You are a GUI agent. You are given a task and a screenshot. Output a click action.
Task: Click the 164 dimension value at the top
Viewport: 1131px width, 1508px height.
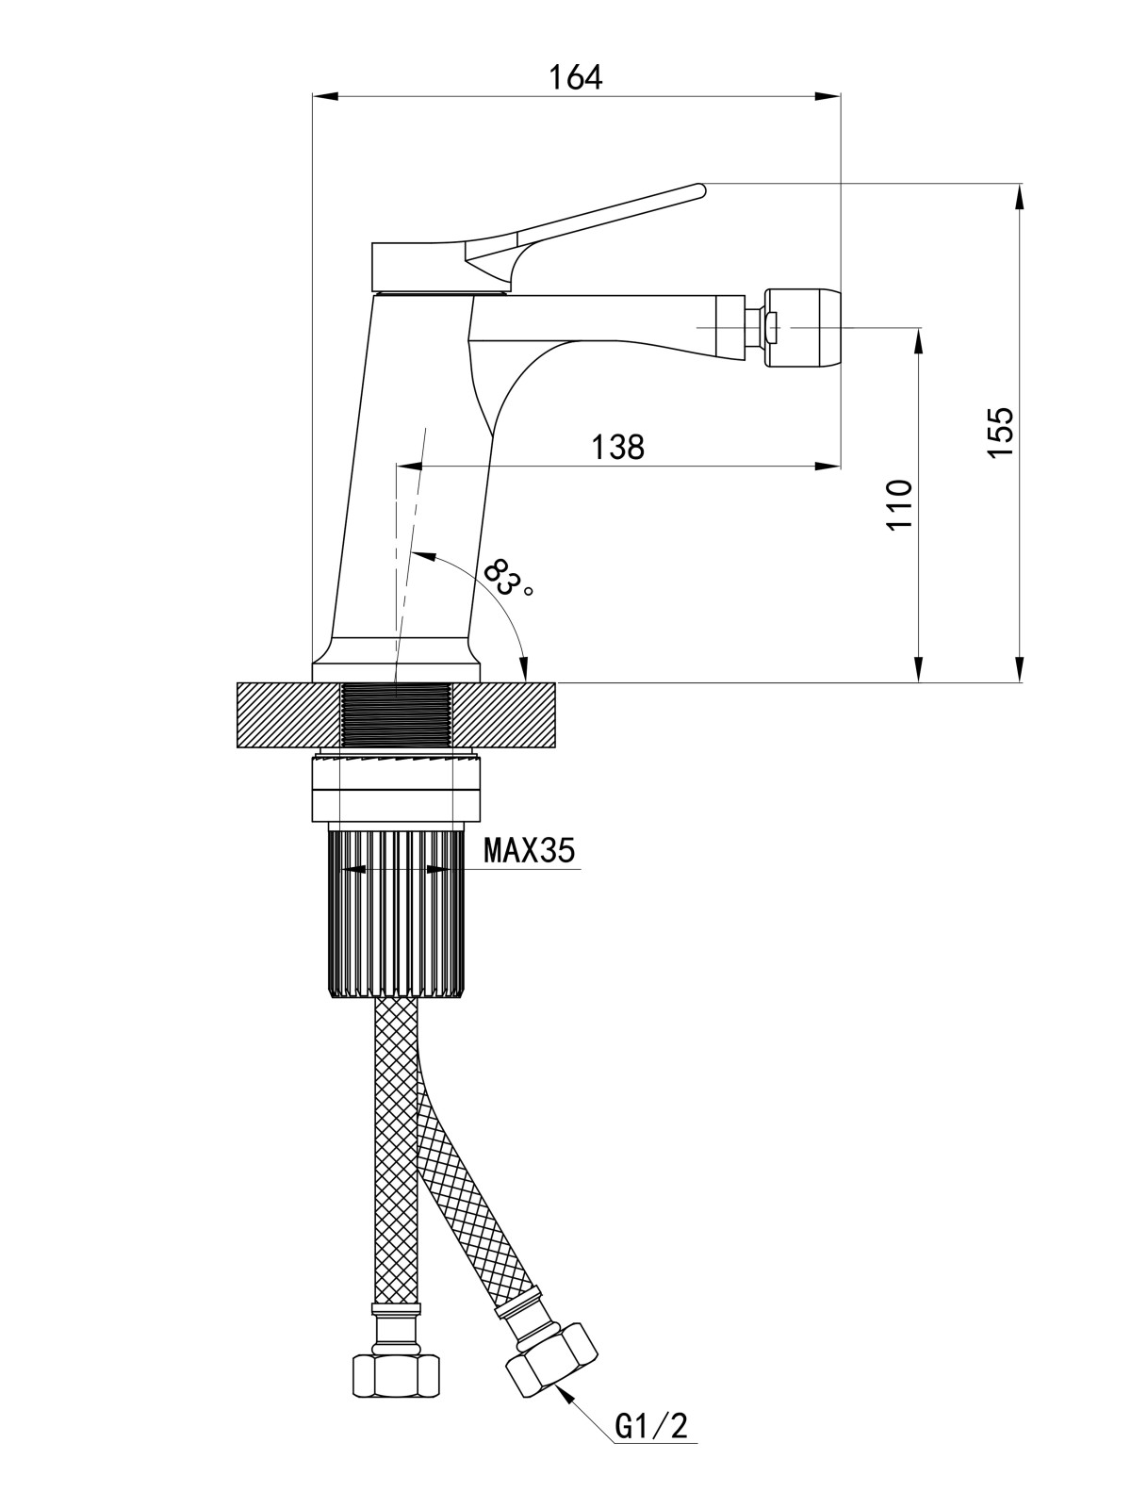(575, 77)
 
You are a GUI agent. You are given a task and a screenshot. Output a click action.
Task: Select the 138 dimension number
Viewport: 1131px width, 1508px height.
(618, 448)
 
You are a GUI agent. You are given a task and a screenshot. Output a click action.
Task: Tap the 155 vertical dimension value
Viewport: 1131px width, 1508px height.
(1000, 431)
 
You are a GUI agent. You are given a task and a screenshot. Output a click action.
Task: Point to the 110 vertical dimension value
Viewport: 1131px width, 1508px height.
(899, 504)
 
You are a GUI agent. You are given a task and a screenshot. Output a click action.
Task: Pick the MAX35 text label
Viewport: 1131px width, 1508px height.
(529, 850)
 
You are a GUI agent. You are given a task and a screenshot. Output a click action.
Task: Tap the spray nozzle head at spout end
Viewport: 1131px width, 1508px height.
(803, 326)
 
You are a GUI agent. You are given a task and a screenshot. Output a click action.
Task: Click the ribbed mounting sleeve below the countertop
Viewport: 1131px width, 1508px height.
(396, 913)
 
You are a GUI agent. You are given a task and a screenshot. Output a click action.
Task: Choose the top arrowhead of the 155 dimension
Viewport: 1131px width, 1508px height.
(1019, 197)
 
